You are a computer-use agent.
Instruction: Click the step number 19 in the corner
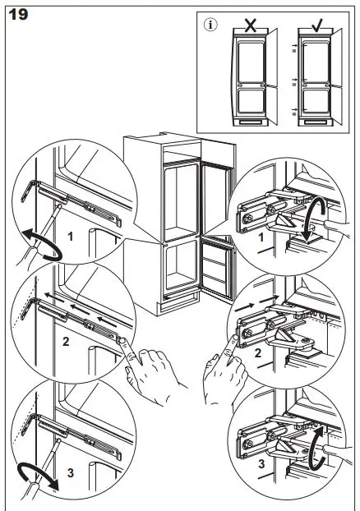point(18,15)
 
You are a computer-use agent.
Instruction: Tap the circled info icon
point(210,25)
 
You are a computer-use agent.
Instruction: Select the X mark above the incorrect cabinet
point(250,25)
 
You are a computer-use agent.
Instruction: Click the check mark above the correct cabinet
point(317,25)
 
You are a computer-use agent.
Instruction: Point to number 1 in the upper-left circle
point(70,237)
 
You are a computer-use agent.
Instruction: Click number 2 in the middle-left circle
point(67,342)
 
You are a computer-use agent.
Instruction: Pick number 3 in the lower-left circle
point(71,472)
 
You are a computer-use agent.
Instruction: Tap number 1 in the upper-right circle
point(261,237)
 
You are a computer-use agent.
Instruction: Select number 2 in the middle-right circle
point(257,353)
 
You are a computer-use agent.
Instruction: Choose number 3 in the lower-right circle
point(261,463)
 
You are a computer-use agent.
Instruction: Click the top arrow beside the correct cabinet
point(295,45)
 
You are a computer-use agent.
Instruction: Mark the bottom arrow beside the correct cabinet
point(295,109)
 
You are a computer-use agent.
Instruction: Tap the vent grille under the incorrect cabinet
point(250,122)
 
